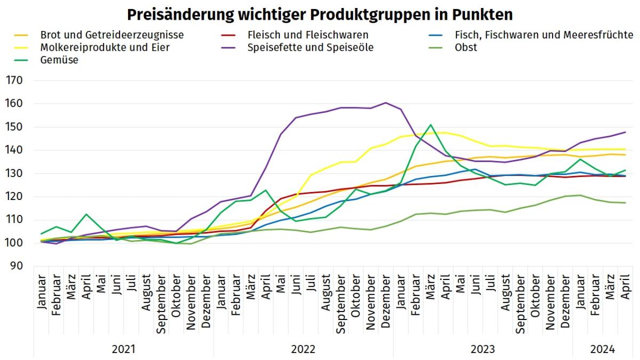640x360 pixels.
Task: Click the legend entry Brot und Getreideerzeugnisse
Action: [112, 35]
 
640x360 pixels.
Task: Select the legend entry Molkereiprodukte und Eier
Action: [105, 47]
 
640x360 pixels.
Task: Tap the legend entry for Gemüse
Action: [59, 60]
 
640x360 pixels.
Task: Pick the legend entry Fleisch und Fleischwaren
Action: [308, 35]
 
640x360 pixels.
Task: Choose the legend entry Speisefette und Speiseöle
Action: [310, 47]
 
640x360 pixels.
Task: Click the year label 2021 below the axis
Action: [123, 350]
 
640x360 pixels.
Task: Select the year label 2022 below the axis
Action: [303, 350]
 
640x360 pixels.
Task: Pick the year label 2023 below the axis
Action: [483, 350]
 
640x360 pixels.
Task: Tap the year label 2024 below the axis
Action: [603, 350]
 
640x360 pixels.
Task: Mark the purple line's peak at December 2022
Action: [386, 102]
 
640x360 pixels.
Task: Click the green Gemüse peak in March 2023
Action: [430, 125]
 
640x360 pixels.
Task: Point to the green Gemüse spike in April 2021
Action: [86, 214]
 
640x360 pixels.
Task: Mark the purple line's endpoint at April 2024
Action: [625, 132]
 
